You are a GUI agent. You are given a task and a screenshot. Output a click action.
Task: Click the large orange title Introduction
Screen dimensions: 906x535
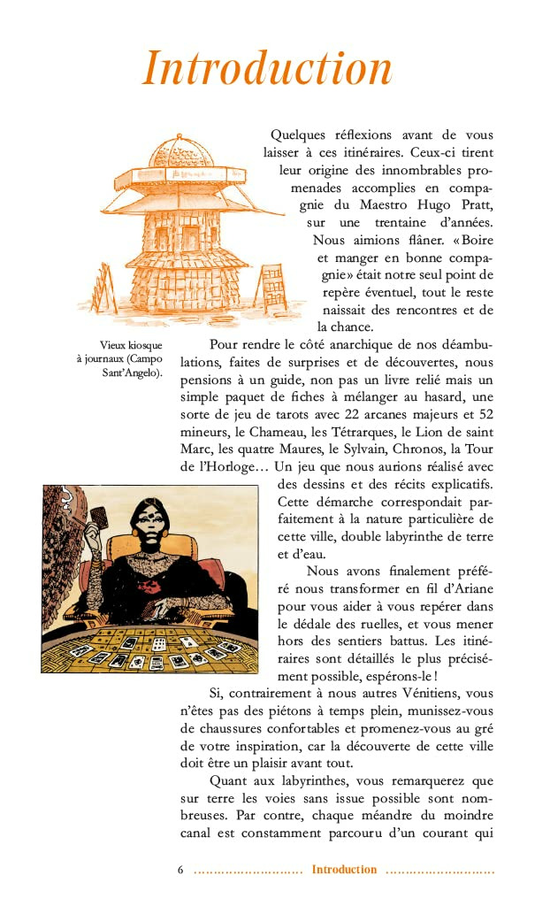(267, 68)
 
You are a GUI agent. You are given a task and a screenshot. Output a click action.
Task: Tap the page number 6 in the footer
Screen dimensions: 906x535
(180, 870)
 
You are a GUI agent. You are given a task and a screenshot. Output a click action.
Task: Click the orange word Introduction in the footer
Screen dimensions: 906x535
(344, 870)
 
